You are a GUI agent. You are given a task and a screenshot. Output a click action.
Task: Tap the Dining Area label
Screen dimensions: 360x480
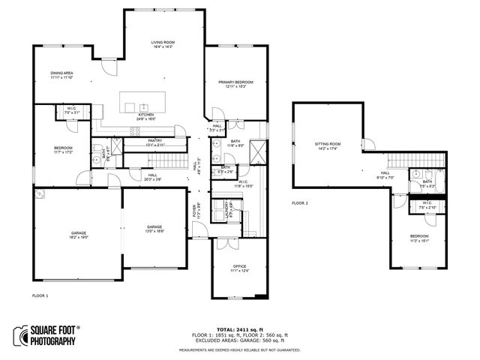click(x=61, y=73)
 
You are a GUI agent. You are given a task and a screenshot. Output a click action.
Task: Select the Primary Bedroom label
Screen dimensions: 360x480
click(x=235, y=82)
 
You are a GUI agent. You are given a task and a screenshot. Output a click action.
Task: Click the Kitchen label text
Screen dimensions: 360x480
click(x=145, y=115)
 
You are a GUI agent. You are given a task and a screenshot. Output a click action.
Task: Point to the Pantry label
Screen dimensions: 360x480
click(x=154, y=140)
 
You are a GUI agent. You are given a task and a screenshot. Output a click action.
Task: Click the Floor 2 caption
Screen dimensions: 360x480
click(x=300, y=202)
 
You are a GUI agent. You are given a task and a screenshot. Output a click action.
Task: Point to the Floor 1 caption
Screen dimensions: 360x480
click(x=40, y=295)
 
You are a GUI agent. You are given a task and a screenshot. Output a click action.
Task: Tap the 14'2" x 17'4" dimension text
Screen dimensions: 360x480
click(x=327, y=148)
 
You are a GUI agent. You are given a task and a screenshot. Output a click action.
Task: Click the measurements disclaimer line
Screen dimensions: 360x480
click(x=240, y=349)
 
